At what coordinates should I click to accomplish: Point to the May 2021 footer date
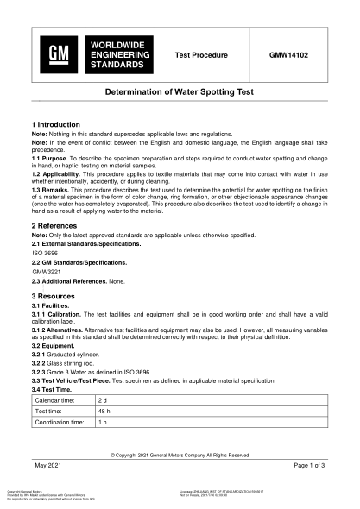[51, 465]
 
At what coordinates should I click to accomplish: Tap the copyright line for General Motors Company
[180, 454]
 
